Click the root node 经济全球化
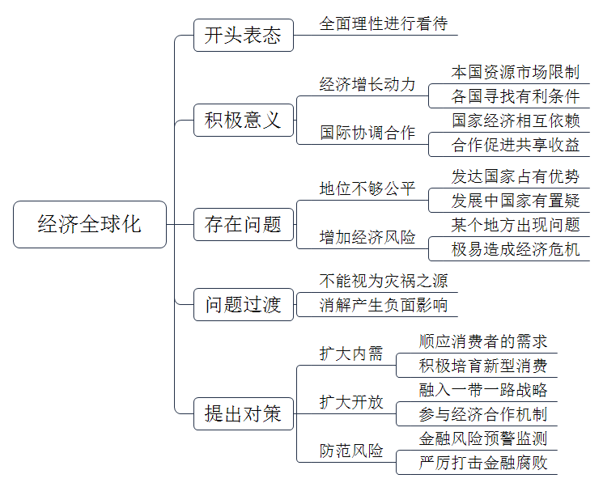pos(90,224)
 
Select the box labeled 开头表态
pos(244,36)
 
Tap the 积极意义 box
pos(244,120)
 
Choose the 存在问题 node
pos(244,224)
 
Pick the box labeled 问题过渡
pos(244,304)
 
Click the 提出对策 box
pos(244,413)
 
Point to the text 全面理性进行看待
pos(384,23)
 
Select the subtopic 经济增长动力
pos(367,85)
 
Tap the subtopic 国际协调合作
pos(367,133)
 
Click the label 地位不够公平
pos(367,188)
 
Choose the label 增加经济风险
pos(367,237)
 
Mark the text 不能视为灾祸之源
pos(384,281)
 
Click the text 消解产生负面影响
pos(384,305)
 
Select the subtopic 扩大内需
pos(351,354)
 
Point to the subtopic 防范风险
pos(351,451)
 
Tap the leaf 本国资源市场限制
pos(516,72)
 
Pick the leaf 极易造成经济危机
pos(516,249)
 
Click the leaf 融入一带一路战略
pos(483,390)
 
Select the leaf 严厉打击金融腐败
pos(483,463)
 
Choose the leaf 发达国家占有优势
pos(516,176)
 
